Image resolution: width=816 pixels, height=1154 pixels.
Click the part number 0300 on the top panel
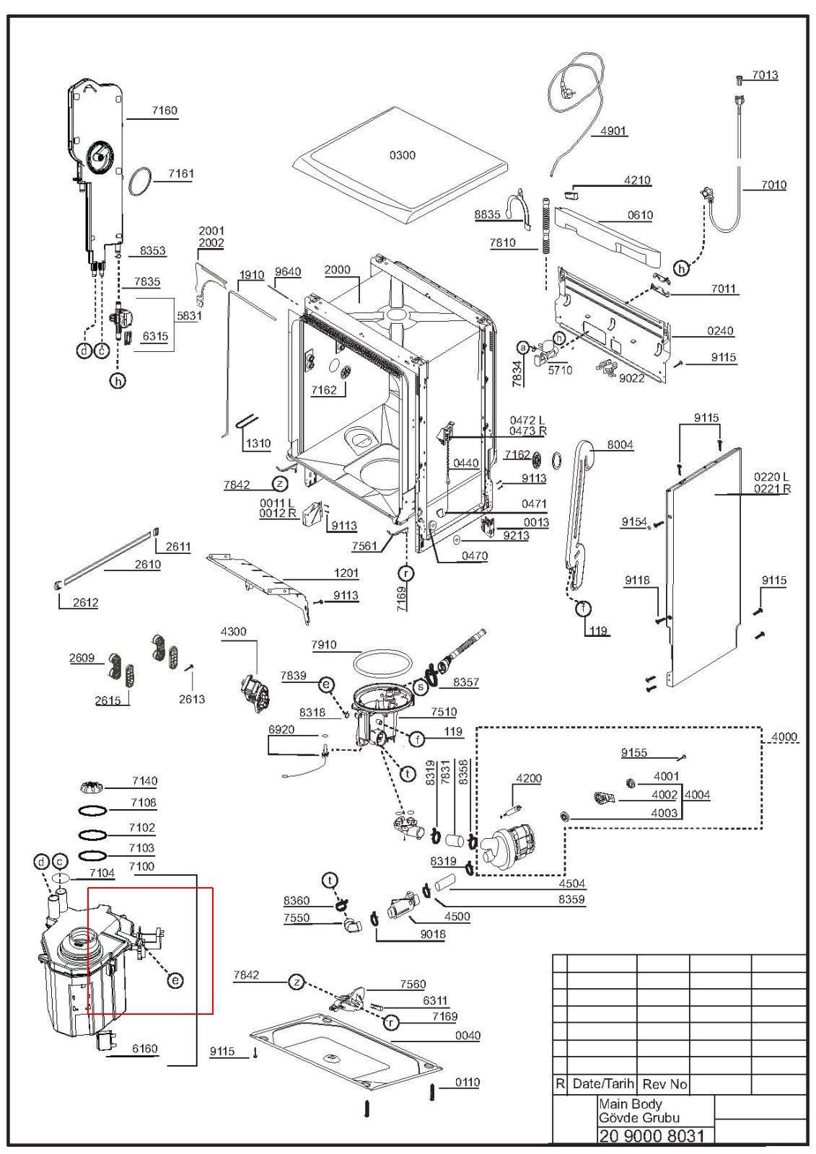[402, 155]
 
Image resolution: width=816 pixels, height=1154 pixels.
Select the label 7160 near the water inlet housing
[164, 110]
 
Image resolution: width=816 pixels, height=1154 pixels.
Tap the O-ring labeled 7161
[141, 181]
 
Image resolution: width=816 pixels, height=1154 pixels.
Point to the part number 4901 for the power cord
[613, 131]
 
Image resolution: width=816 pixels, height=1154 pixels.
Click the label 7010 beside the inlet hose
[773, 185]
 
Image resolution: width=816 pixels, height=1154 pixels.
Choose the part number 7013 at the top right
[765, 75]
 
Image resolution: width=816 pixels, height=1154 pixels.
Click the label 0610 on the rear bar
[640, 215]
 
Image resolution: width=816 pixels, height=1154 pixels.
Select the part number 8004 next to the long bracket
[620, 444]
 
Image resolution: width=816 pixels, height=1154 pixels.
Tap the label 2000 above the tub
[338, 270]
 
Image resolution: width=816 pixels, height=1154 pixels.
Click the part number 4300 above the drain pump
[234, 632]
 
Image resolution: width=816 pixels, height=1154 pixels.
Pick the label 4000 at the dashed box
[784, 737]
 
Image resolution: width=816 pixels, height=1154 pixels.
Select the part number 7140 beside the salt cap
[145, 781]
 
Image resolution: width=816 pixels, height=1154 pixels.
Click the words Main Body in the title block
[630, 1104]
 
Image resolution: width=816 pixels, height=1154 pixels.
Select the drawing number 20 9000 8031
[651, 1136]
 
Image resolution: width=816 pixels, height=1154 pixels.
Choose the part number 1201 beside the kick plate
[346, 573]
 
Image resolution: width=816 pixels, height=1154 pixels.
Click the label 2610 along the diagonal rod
[148, 565]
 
